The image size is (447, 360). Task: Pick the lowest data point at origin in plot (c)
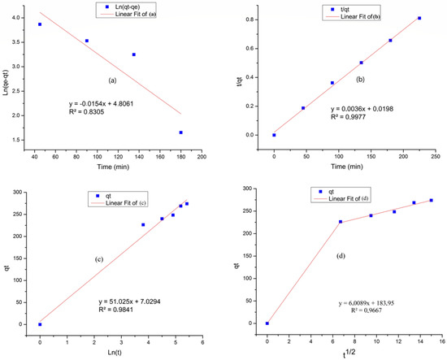pyautogui.click(x=40, y=324)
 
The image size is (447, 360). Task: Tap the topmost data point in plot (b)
pyautogui.click(x=419, y=18)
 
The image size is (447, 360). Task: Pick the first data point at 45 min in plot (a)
pyautogui.click(x=40, y=24)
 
